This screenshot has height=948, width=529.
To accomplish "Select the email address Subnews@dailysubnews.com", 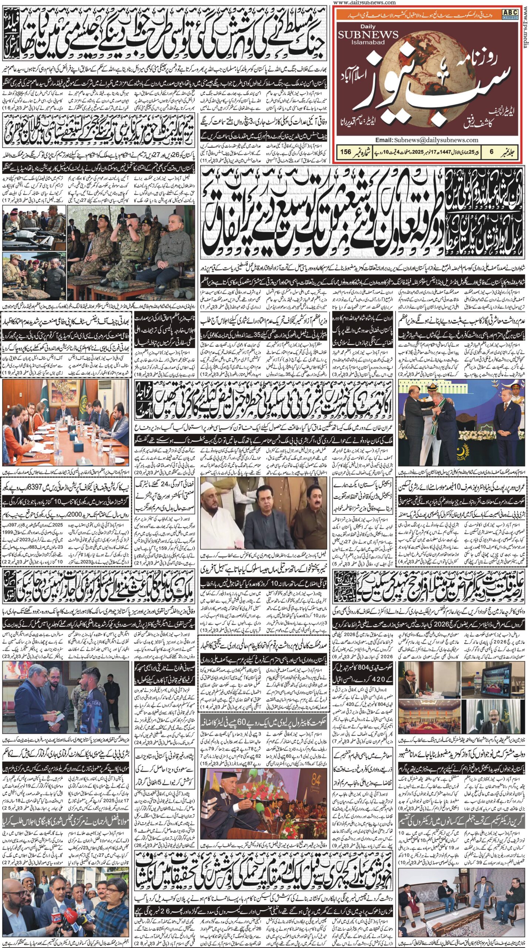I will pyautogui.click(x=436, y=140).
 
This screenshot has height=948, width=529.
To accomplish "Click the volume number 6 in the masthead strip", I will pyautogui.click(x=492, y=152).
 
